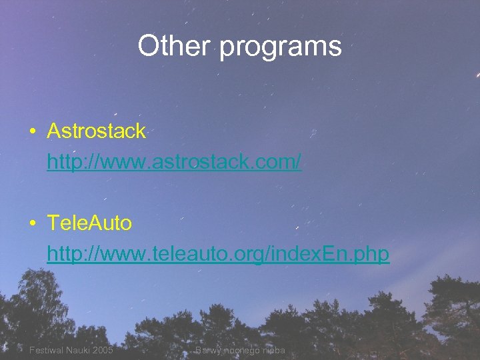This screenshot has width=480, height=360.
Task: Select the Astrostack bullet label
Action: click(x=96, y=131)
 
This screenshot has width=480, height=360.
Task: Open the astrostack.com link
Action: click(x=174, y=161)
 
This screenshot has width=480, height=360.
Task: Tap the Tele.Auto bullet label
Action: click(x=89, y=223)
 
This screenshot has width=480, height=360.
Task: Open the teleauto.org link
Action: click(x=218, y=254)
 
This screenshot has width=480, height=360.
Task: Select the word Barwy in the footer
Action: click(x=207, y=350)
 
